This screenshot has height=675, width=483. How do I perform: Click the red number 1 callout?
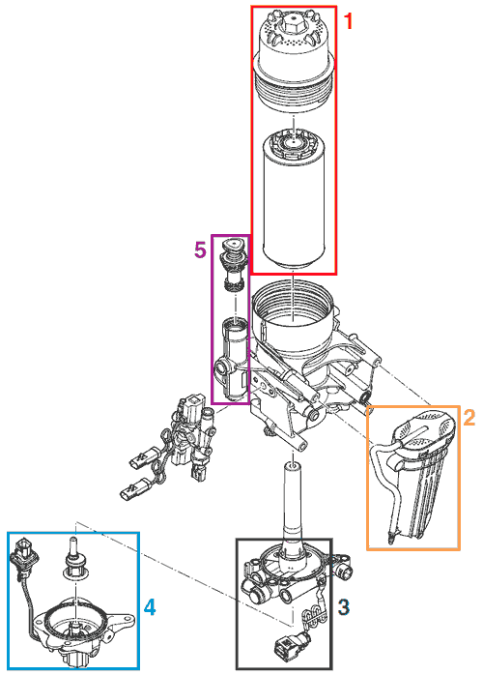click(x=349, y=20)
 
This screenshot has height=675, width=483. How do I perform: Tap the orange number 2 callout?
click(x=469, y=417)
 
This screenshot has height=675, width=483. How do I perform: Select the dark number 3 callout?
click(x=344, y=607)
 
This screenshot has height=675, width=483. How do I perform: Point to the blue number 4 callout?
click(x=149, y=607)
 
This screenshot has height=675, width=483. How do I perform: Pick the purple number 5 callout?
click(x=200, y=249)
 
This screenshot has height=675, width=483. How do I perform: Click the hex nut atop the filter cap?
click(x=293, y=24)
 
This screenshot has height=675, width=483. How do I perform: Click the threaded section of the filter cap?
click(x=295, y=93)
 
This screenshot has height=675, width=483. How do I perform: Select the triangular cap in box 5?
click(x=232, y=245)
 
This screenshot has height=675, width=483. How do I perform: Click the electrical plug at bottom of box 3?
click(x=289, y=645)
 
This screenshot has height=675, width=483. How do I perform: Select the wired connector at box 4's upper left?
click(x=23, y=552)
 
